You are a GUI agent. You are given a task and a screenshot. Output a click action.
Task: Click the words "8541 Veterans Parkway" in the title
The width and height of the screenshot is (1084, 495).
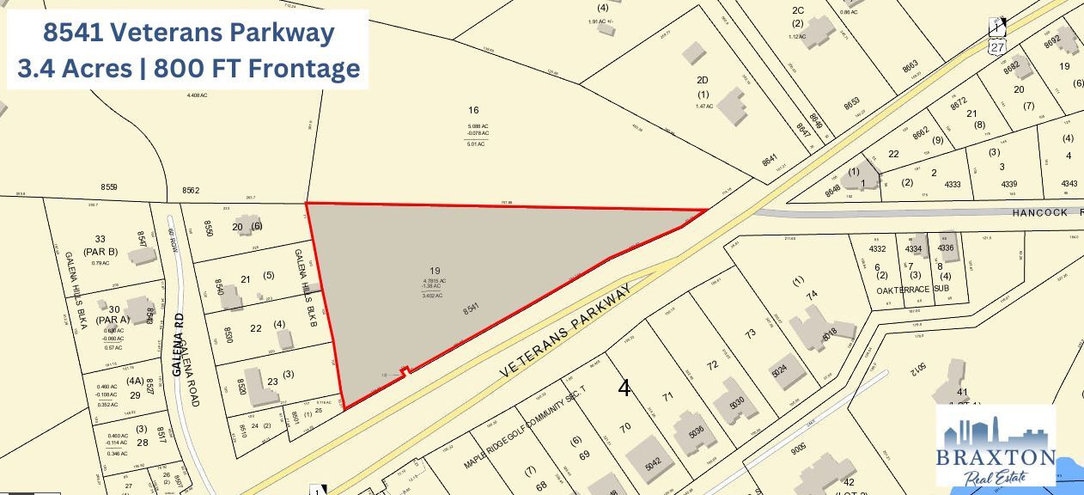coord(188,34)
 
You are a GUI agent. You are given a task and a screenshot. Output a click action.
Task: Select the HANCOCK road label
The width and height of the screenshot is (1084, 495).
coord(1039,212)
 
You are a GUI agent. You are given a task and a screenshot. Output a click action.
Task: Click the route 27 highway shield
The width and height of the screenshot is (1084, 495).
coord(997,48)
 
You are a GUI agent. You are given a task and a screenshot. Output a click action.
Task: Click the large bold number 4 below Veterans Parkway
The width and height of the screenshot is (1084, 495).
coord(624,388)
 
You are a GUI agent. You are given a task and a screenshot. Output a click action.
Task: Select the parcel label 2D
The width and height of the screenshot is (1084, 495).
coord(703,80)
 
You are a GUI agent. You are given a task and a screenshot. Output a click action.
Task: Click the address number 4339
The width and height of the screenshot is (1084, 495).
coord(1008,184)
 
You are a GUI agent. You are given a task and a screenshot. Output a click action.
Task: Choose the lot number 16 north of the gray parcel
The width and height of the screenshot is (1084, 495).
coord(472,110)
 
